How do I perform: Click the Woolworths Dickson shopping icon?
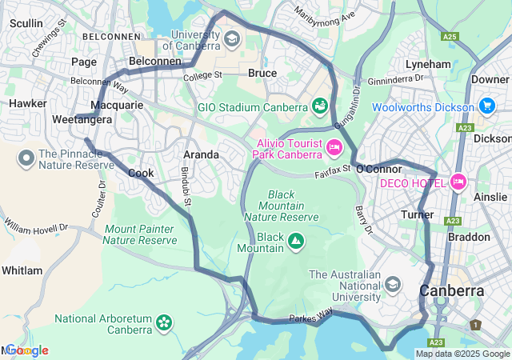pyautogui.click(x=486, y=106)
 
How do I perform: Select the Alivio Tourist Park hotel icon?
pyautogui.click(x=334, y=146)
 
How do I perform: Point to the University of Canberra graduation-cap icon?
pyautogui.click(x=231, y=38)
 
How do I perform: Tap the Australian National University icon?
pyautogui.click(x=393, y=285)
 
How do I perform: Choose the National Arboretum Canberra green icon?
pyautogui.click(x=164, y=322)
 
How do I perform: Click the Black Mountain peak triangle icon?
pyautogui.click(x=296, y=240)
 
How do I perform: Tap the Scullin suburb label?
pyautogui.click(x=26, y=23)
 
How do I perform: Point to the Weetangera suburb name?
pyautogui.click(x=82, y=119)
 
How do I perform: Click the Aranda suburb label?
pyautogui.click(x=201, y=154)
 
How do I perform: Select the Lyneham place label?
pyautogui.click(x=428, y=64)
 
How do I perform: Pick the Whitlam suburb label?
pyautogui.click(x=22, y=270)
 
